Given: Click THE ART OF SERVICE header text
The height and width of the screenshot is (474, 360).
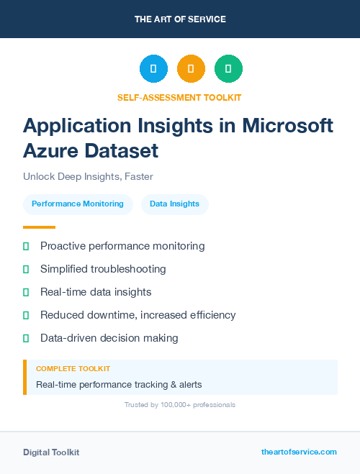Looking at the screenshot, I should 180,19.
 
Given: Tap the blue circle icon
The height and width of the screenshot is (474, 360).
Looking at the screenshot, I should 153,68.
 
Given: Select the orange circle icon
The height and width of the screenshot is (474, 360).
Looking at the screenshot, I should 191,68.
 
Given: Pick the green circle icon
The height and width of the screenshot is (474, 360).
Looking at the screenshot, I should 228,68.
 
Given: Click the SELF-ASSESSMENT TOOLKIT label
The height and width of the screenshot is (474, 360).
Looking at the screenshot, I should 179,97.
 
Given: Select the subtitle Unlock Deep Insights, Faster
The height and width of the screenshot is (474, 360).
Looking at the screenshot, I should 88,176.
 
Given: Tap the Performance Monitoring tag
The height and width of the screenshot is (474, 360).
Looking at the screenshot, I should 78,204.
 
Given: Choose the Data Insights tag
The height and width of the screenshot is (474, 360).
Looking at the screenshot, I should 174,204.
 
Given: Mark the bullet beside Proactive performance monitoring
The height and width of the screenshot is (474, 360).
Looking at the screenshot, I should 26,246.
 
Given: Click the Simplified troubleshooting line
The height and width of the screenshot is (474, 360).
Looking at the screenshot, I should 103,269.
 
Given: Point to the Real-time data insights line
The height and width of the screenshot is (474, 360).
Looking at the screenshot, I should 96,292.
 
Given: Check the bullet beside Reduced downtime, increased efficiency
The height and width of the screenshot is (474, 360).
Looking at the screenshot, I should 26,315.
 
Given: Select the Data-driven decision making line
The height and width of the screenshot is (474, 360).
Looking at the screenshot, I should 109,338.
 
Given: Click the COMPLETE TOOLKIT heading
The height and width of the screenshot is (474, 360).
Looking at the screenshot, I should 73,369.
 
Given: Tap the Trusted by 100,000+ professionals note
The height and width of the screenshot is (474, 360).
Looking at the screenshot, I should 179,405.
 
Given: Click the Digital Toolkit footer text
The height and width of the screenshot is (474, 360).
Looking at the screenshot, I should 51,452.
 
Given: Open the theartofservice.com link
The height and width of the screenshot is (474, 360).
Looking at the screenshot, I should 299,452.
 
